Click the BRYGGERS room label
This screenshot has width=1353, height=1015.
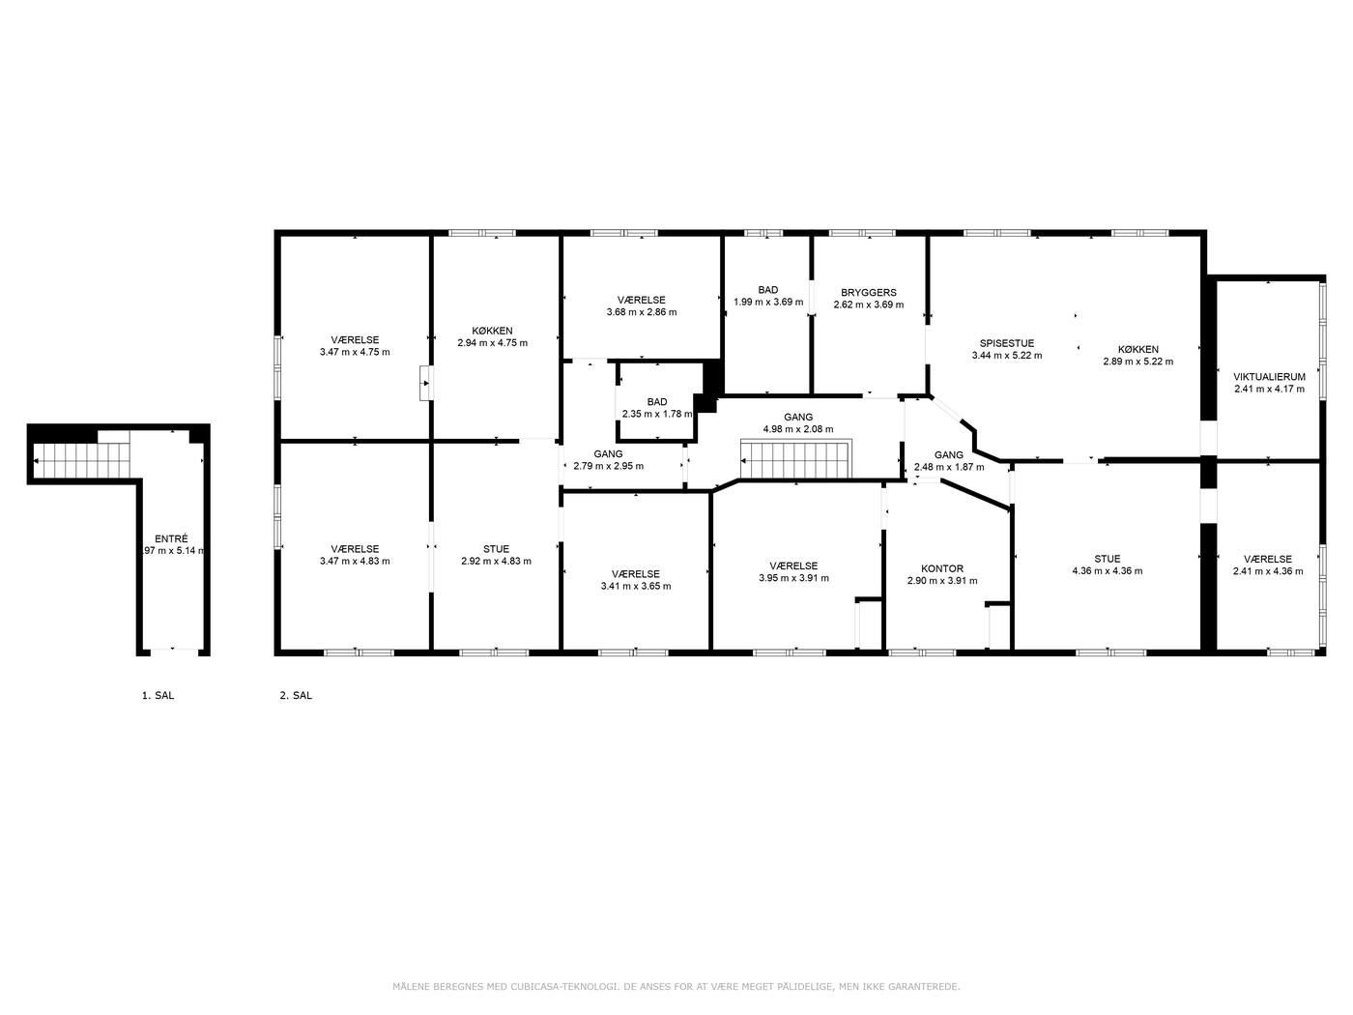tap(868, 293)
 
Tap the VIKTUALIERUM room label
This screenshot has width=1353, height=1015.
tap(1269, 377)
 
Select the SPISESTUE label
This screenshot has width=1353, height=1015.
tap(1007, 343)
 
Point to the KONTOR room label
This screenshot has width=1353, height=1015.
tap(942, 568)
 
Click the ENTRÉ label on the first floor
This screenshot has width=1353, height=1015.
tap(171, 538)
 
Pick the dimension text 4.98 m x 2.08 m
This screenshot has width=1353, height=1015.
tap(798, 429)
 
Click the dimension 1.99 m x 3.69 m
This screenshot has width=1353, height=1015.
tap(768, 302)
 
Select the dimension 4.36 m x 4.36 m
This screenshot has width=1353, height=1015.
tap(1108, 570)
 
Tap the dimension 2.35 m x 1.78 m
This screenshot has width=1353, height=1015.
tap(657, 414)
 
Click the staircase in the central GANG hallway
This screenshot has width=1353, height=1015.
tap(795, 459)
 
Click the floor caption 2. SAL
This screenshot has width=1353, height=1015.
tap(296, 695)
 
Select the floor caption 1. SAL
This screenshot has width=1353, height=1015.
tap(158, 695)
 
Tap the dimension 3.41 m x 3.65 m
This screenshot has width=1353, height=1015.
tap(636, 586)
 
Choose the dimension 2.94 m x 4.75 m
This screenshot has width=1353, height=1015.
tap(493, 342)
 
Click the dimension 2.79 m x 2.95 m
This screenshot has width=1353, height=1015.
tap(609, 466)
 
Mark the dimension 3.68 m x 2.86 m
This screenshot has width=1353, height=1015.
tap(642, 312)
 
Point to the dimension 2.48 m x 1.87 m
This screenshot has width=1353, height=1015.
tap(949, 467)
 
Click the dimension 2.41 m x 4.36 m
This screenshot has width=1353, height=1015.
tap(1268, 571)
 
